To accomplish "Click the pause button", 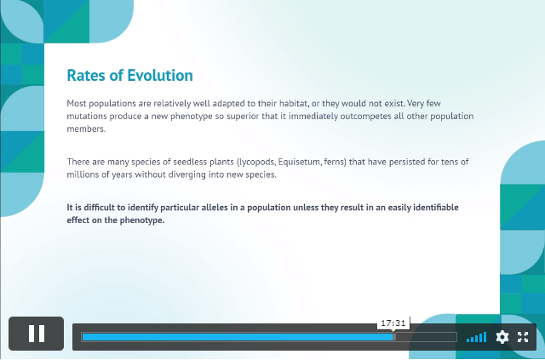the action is (x=36, y=334).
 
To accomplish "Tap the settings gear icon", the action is (x=502, y=337).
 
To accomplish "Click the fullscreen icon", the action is (x=523, y=337).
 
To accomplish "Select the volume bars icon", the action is (x=477, y=337).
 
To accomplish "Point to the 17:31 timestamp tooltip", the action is (x=393, y=323).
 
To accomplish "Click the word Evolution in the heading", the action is (x=160, y=76).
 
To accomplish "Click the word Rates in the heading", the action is (x=87, y=76).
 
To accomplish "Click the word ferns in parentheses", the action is (x=335, y=163).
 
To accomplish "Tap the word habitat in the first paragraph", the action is (x=294, y=104).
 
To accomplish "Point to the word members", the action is (x=86, y=129).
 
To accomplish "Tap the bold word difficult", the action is (x=100, y=208).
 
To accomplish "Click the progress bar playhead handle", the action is (x=394, y=337).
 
